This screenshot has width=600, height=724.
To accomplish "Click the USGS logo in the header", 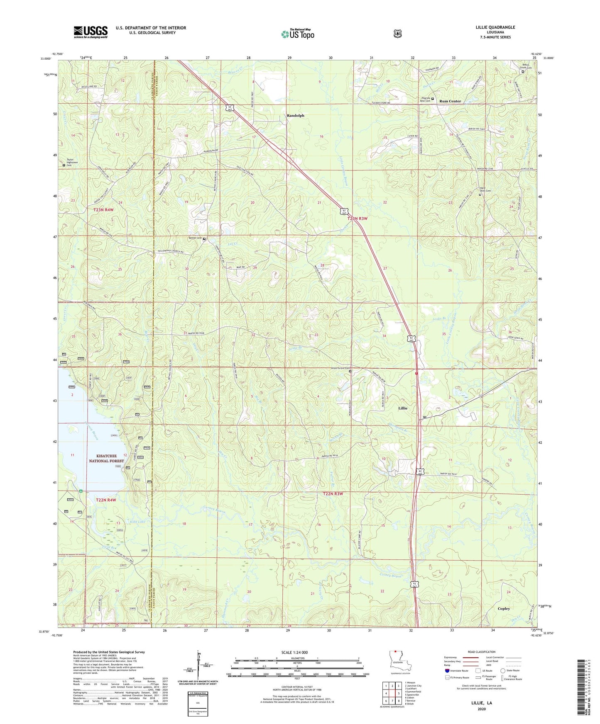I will [91, 32].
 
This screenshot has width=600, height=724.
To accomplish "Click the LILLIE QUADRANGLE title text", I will [495, 27].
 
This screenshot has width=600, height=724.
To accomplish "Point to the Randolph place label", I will [295, 116].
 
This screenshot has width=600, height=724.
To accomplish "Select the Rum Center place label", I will [450, 101].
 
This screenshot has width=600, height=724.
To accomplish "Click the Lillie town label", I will [402, 408].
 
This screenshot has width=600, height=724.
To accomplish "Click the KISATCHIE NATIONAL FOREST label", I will [106, 458].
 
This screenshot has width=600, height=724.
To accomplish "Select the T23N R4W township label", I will [103, 210].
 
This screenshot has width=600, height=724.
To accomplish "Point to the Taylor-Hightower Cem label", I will [73, 162].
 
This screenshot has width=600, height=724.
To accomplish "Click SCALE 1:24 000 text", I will [294, 652].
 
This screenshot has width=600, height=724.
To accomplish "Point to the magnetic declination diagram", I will [198, 668].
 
